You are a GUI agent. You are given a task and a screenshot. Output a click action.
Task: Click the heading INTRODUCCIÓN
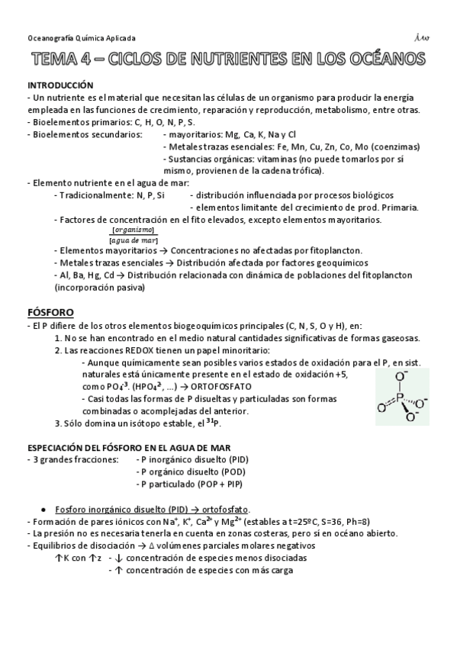[x=60, y=85]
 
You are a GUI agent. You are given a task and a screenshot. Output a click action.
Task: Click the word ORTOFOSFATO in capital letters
[x=206, y=387]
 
